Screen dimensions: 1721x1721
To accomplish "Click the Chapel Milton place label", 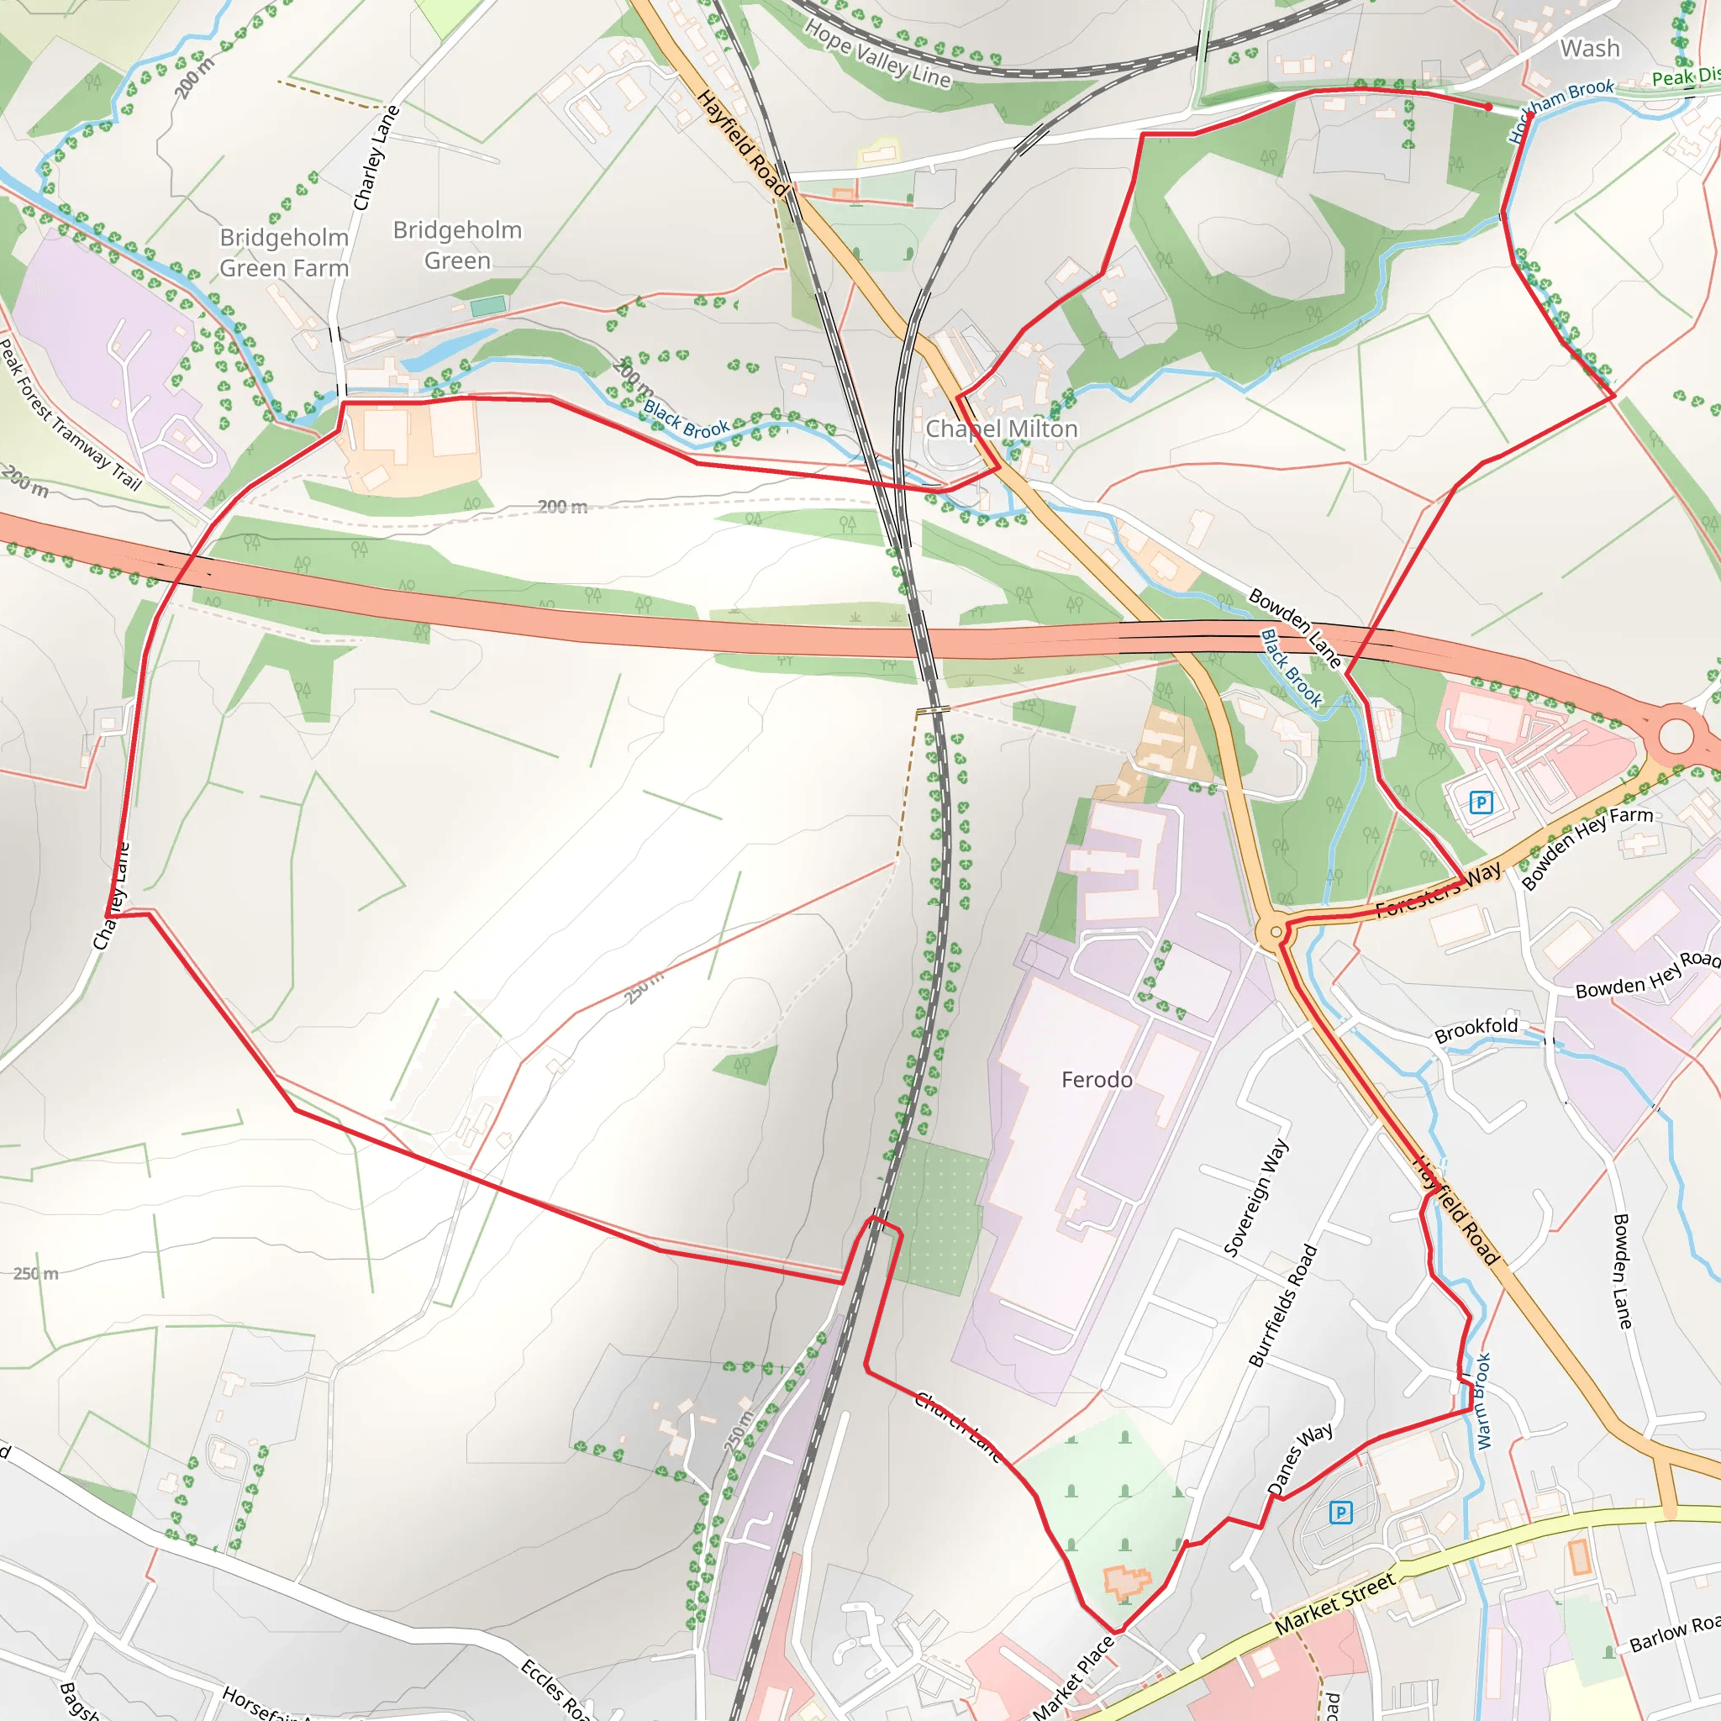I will coord(1001,429).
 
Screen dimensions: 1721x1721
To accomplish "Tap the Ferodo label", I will coord(1097,1080).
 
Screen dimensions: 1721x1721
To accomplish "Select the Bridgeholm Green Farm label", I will coord(284,253).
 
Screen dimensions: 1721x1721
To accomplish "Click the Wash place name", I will coord(1590,48).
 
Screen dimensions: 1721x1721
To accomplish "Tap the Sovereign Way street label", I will coord(1255,1197).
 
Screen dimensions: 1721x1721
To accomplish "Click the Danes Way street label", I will coord(1300,1458).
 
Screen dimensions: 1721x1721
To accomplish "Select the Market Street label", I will coord(1334,1604).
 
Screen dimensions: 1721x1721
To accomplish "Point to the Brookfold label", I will coord(1476,1029).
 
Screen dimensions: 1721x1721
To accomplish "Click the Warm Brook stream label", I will coord(1482,1401).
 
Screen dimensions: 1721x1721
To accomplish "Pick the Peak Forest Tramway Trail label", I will coord(70,414).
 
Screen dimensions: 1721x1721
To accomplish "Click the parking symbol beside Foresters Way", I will coord(1481,803).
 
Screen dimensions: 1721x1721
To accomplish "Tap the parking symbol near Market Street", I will coord(1339,1512).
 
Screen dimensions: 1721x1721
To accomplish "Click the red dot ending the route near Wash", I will coord(1487,107).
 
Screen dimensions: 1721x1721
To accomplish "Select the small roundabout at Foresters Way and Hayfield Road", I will coord(1276,932).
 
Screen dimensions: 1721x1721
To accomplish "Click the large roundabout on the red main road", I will coord(1676,736).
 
